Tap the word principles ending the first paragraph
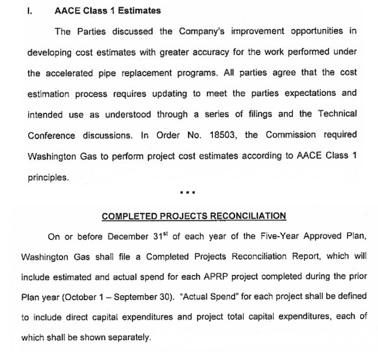48,177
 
